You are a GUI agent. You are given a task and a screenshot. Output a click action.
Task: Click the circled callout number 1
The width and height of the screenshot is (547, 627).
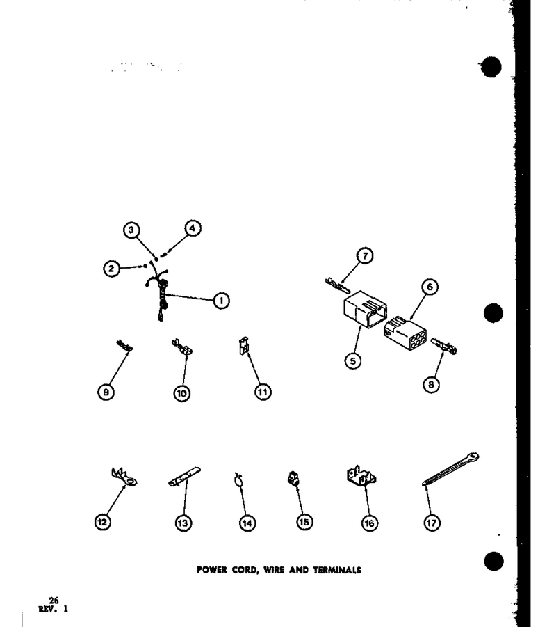point(221,301)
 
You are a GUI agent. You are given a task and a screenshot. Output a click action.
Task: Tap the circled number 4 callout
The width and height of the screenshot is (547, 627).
point(193,228)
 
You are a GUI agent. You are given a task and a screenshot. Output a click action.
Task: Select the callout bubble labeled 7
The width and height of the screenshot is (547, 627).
point(365,255)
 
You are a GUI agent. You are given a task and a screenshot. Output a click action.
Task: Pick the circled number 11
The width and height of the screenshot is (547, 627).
point(263,392)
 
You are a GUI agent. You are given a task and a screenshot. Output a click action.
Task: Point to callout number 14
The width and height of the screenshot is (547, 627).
point(247,523)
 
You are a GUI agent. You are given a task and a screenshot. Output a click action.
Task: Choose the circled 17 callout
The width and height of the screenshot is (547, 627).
point(432,523)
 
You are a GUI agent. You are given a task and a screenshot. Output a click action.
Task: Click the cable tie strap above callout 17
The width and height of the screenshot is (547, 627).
point(450,469)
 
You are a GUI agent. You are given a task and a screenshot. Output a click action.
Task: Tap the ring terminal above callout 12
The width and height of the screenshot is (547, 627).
point(124,477)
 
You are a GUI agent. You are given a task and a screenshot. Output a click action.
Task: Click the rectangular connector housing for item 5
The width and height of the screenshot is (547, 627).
point(365,309)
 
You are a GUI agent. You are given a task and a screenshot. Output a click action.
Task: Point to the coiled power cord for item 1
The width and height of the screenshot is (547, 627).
point(161,296)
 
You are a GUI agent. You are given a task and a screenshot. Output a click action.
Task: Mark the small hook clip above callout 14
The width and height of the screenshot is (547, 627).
point(239,480)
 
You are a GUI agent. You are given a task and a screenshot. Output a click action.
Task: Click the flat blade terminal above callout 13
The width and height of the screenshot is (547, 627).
point(184,477)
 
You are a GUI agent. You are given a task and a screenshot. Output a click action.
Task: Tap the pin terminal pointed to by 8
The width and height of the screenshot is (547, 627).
point(444,346)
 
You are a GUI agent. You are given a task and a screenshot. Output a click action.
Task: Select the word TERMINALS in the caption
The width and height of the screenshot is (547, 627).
point(337,570)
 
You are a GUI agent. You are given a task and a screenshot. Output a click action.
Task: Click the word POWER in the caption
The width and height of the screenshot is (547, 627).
point(212,569)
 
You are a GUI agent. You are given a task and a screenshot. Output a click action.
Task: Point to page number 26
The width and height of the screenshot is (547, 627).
point(54,601)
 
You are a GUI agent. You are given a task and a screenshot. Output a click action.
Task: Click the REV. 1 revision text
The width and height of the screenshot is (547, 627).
point(53,609)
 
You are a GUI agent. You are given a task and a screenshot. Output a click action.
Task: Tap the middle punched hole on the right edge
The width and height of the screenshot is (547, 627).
point(493,312)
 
